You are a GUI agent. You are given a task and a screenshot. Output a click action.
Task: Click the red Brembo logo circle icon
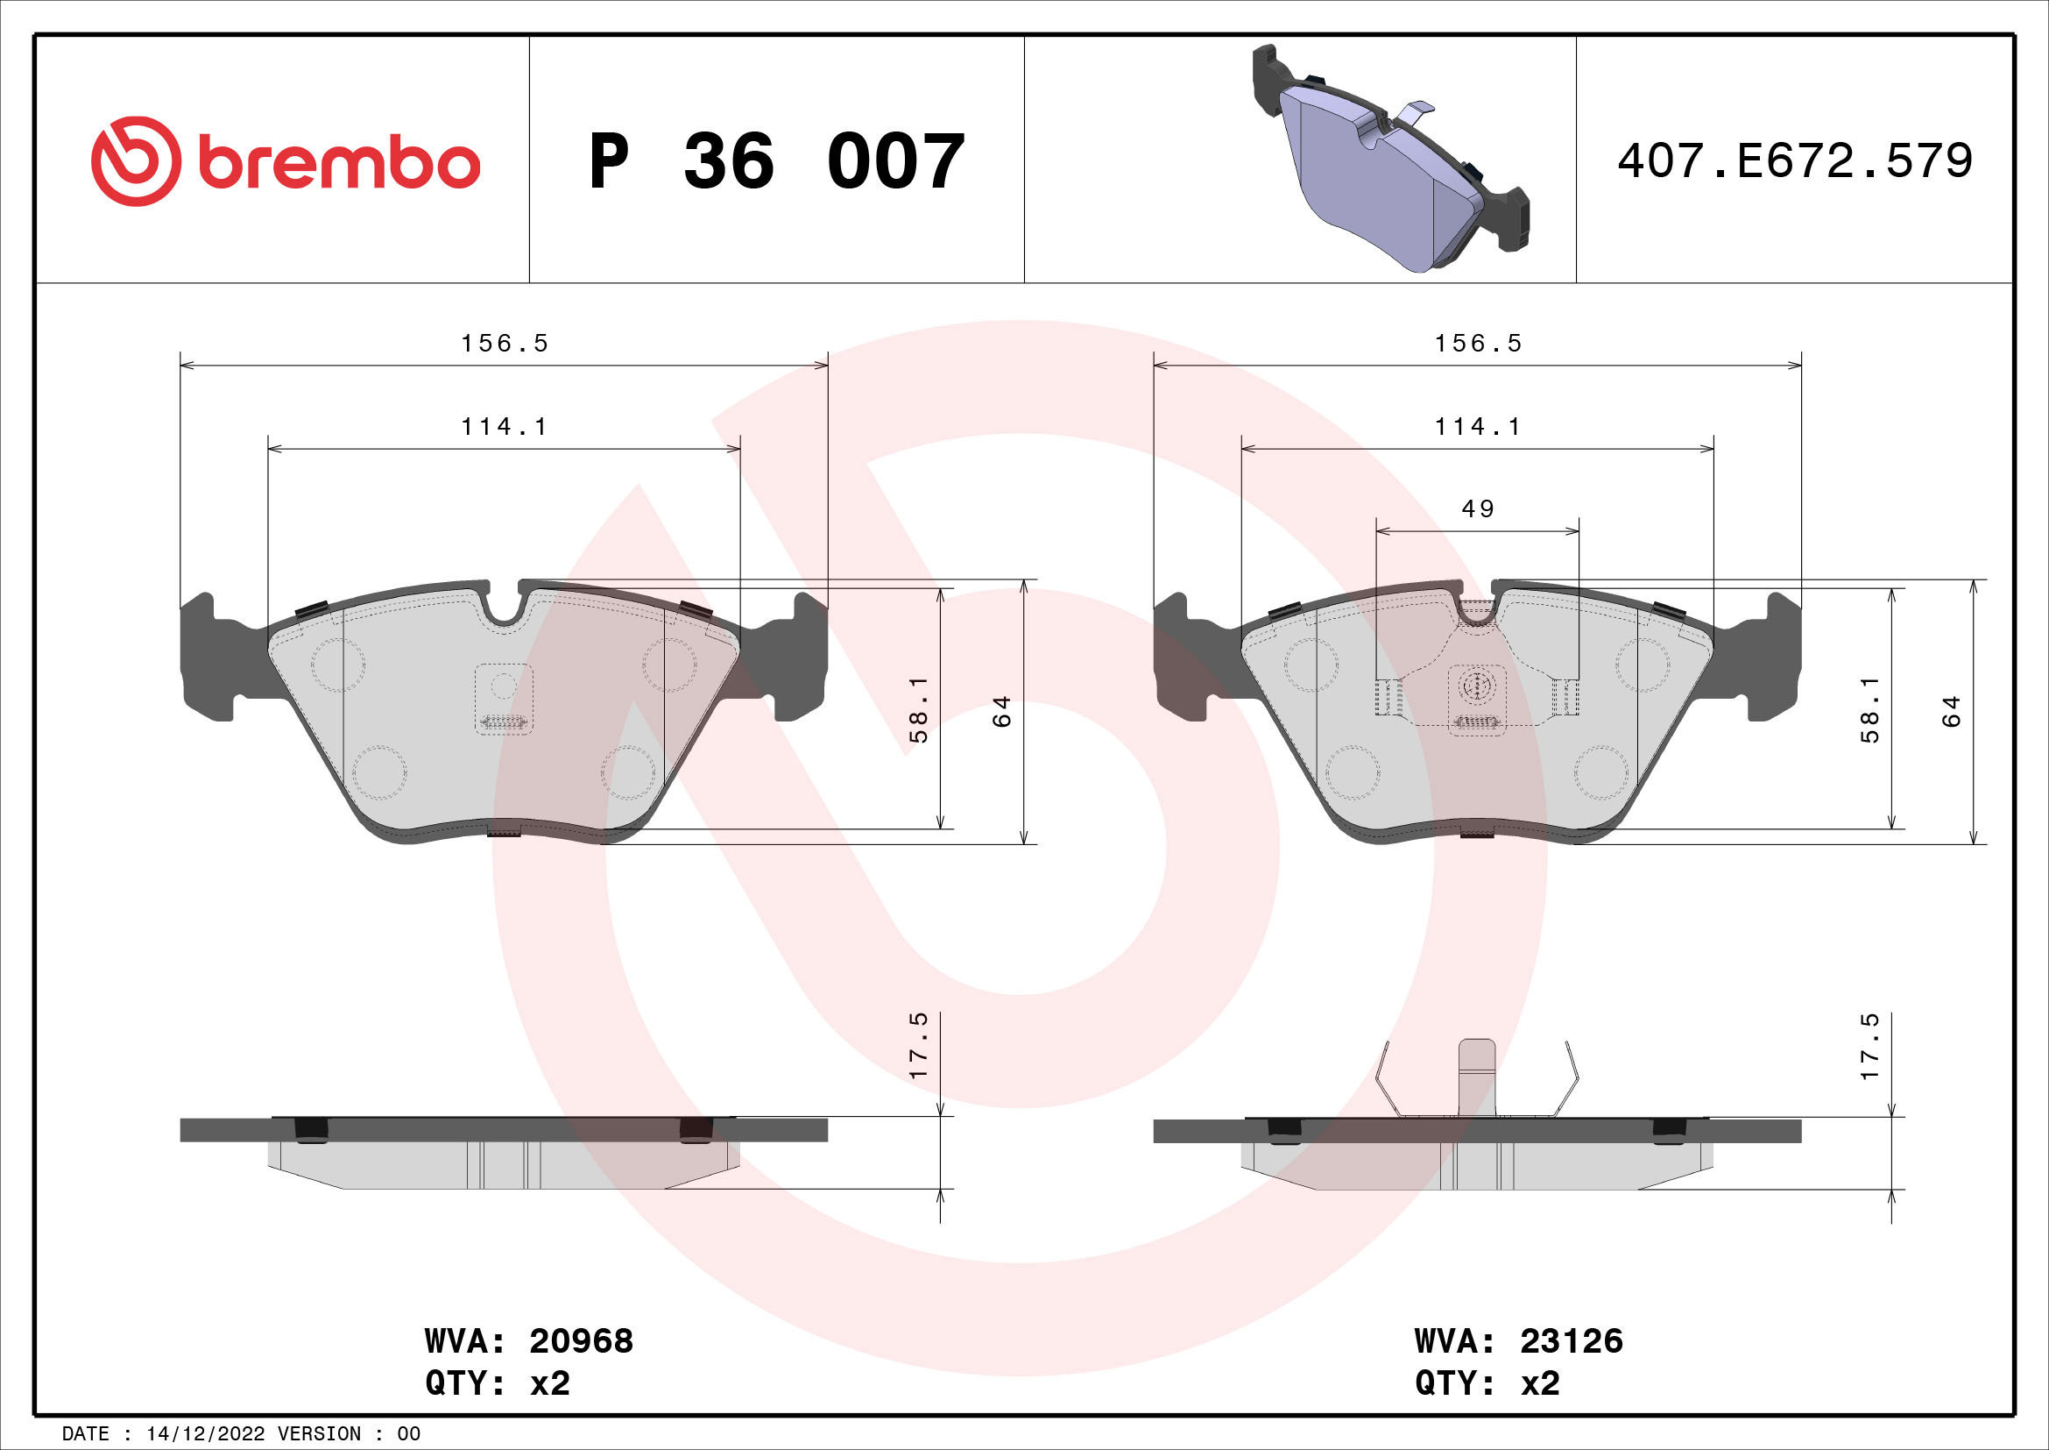pos(136,160)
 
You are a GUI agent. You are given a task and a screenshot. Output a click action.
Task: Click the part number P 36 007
pos(776,161)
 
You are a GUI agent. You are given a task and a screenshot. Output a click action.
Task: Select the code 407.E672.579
pos(1795,161)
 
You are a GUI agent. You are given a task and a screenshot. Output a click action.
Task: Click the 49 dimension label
pos(1478,509)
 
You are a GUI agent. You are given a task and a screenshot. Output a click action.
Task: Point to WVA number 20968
pos(581,1340)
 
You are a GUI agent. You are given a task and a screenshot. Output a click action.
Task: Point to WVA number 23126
pos(1571,1340)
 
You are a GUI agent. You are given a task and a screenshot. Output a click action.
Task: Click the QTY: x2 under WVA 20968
pos(497,1383)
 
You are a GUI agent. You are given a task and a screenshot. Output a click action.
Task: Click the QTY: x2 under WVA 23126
pos(1487,1383)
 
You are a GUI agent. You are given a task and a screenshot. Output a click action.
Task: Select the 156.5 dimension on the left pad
pos(505,344)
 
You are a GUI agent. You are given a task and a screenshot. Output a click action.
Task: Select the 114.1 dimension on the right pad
pos(1478,427)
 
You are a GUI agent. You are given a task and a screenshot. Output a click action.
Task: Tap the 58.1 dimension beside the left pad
pos(918,709)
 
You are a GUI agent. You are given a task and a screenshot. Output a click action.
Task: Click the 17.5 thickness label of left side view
pos(918,1046)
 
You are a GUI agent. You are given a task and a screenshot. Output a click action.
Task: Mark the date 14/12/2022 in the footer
pos(205,1434)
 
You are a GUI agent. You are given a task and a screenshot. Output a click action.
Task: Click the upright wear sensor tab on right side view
pos(1476,1077)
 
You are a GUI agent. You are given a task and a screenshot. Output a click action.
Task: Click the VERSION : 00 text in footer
pos(348,1434)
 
